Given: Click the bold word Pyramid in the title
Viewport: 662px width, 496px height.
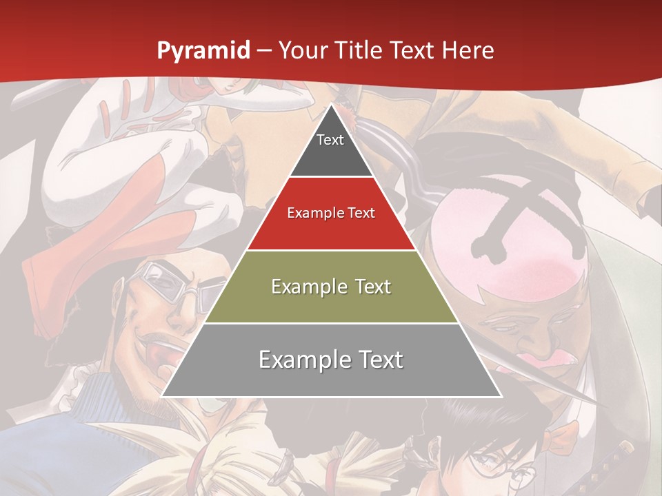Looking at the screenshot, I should coord(203,50).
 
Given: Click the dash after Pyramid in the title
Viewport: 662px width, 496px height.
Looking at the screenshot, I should coord(263,51).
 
